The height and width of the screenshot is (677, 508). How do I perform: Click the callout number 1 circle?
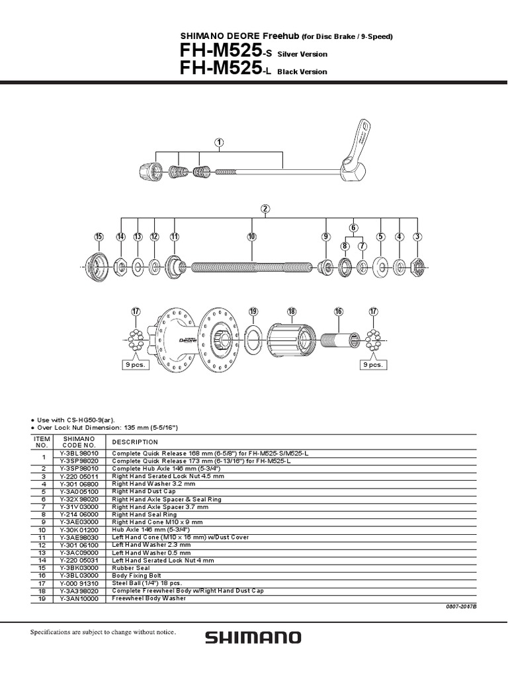[219, 142]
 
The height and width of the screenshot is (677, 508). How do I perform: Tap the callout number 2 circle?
[265, 209]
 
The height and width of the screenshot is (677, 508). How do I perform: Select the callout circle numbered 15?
[99, 237]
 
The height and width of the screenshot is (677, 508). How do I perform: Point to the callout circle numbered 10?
[252, 237]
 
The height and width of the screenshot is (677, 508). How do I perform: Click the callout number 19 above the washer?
[253, 311]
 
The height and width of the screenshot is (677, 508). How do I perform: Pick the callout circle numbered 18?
[292, 311]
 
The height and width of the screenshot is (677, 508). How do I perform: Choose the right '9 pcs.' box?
[373, 364]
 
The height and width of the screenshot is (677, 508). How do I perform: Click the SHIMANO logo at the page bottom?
[253, 638]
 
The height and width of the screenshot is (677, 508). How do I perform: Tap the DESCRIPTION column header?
[136, 442]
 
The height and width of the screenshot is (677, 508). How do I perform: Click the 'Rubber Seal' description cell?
[131, 567]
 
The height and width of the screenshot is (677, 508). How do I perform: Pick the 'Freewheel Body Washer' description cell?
[149, 598]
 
